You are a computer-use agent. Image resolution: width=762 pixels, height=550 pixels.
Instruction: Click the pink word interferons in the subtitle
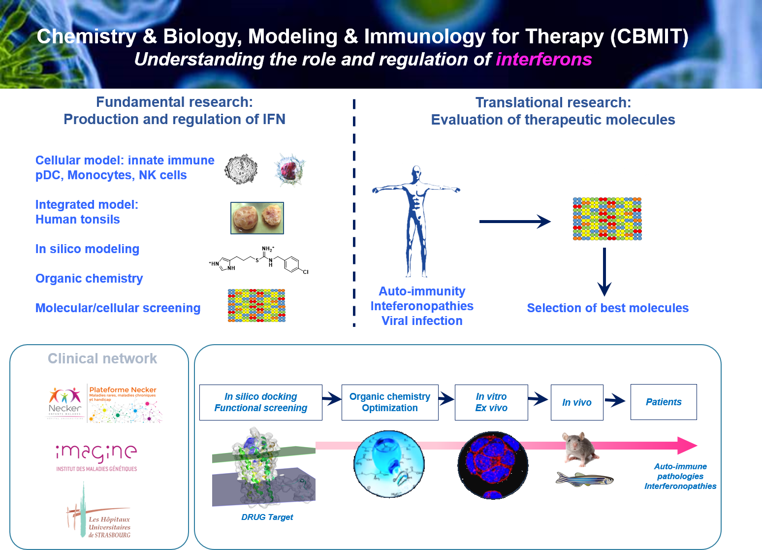pyautogui.click(x=543, y=60)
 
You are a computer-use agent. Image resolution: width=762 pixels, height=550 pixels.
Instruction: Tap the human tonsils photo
pyautogui.click(x=257, y=218)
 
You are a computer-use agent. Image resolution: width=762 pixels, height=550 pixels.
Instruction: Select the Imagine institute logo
pyautogui.click(x=97, y=459)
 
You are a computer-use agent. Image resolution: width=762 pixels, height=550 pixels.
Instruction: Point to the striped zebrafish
pyautogui.click(x=584, y=479)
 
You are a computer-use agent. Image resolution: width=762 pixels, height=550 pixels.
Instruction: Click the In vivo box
pyautogui.click(x=577, y=402)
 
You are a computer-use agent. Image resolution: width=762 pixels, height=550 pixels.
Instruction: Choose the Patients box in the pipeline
pyautogui.click(x=664, y=402)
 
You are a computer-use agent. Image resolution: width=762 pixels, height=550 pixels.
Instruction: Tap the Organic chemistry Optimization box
pyautogui.click(x=390, y=402)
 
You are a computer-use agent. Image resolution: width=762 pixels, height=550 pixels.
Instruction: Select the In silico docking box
pyautogui.click(x=261, y=402)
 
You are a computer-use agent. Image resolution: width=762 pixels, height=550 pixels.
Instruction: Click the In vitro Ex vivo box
pyautogui.click(x=491, y=402)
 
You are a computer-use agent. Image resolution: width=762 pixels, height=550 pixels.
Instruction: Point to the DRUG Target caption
pyautogui.click(x=267, y=517)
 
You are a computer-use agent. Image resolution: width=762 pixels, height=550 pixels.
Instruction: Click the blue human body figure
pyautogui.click(x=416, y=222)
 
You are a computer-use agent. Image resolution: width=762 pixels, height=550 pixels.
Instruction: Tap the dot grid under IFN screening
pyautogui.click(x=607, y=219)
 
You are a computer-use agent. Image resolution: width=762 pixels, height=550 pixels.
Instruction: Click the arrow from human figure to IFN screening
pyautogui.click(x=515, y=222)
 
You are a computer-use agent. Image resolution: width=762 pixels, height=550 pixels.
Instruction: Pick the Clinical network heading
pyautogui.click(x=102, y=358)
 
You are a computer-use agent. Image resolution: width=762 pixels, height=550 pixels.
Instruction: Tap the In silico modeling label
pyautogui.click(x=87, y=249)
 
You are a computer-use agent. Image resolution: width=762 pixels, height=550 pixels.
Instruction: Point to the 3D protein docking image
pyautogui.click(x=264, y=466)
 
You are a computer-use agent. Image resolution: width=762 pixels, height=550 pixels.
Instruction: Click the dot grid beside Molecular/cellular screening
pyautogui.click(x=256, y=305)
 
